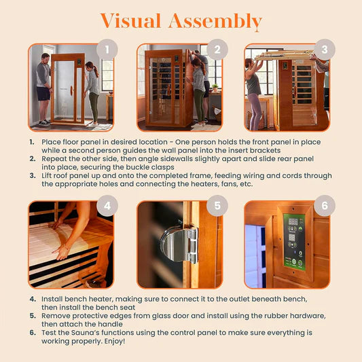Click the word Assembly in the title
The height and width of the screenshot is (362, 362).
[x=217, y=22]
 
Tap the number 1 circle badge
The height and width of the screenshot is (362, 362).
[x=107, y=50]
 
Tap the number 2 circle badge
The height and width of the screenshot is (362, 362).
[x=216, y=50]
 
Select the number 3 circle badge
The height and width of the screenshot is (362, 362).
[x=325, y=50]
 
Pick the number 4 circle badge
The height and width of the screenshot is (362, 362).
[x=107, y=205]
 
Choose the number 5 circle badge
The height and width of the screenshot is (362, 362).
[x=216, y=205]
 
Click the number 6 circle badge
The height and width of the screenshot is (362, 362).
[x=325, y=205]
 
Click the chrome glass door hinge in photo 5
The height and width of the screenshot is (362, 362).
[x=179, y=245]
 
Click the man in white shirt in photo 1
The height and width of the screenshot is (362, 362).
[x=43, y=87]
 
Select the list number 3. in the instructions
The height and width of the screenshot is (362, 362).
[x=33, y=176]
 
